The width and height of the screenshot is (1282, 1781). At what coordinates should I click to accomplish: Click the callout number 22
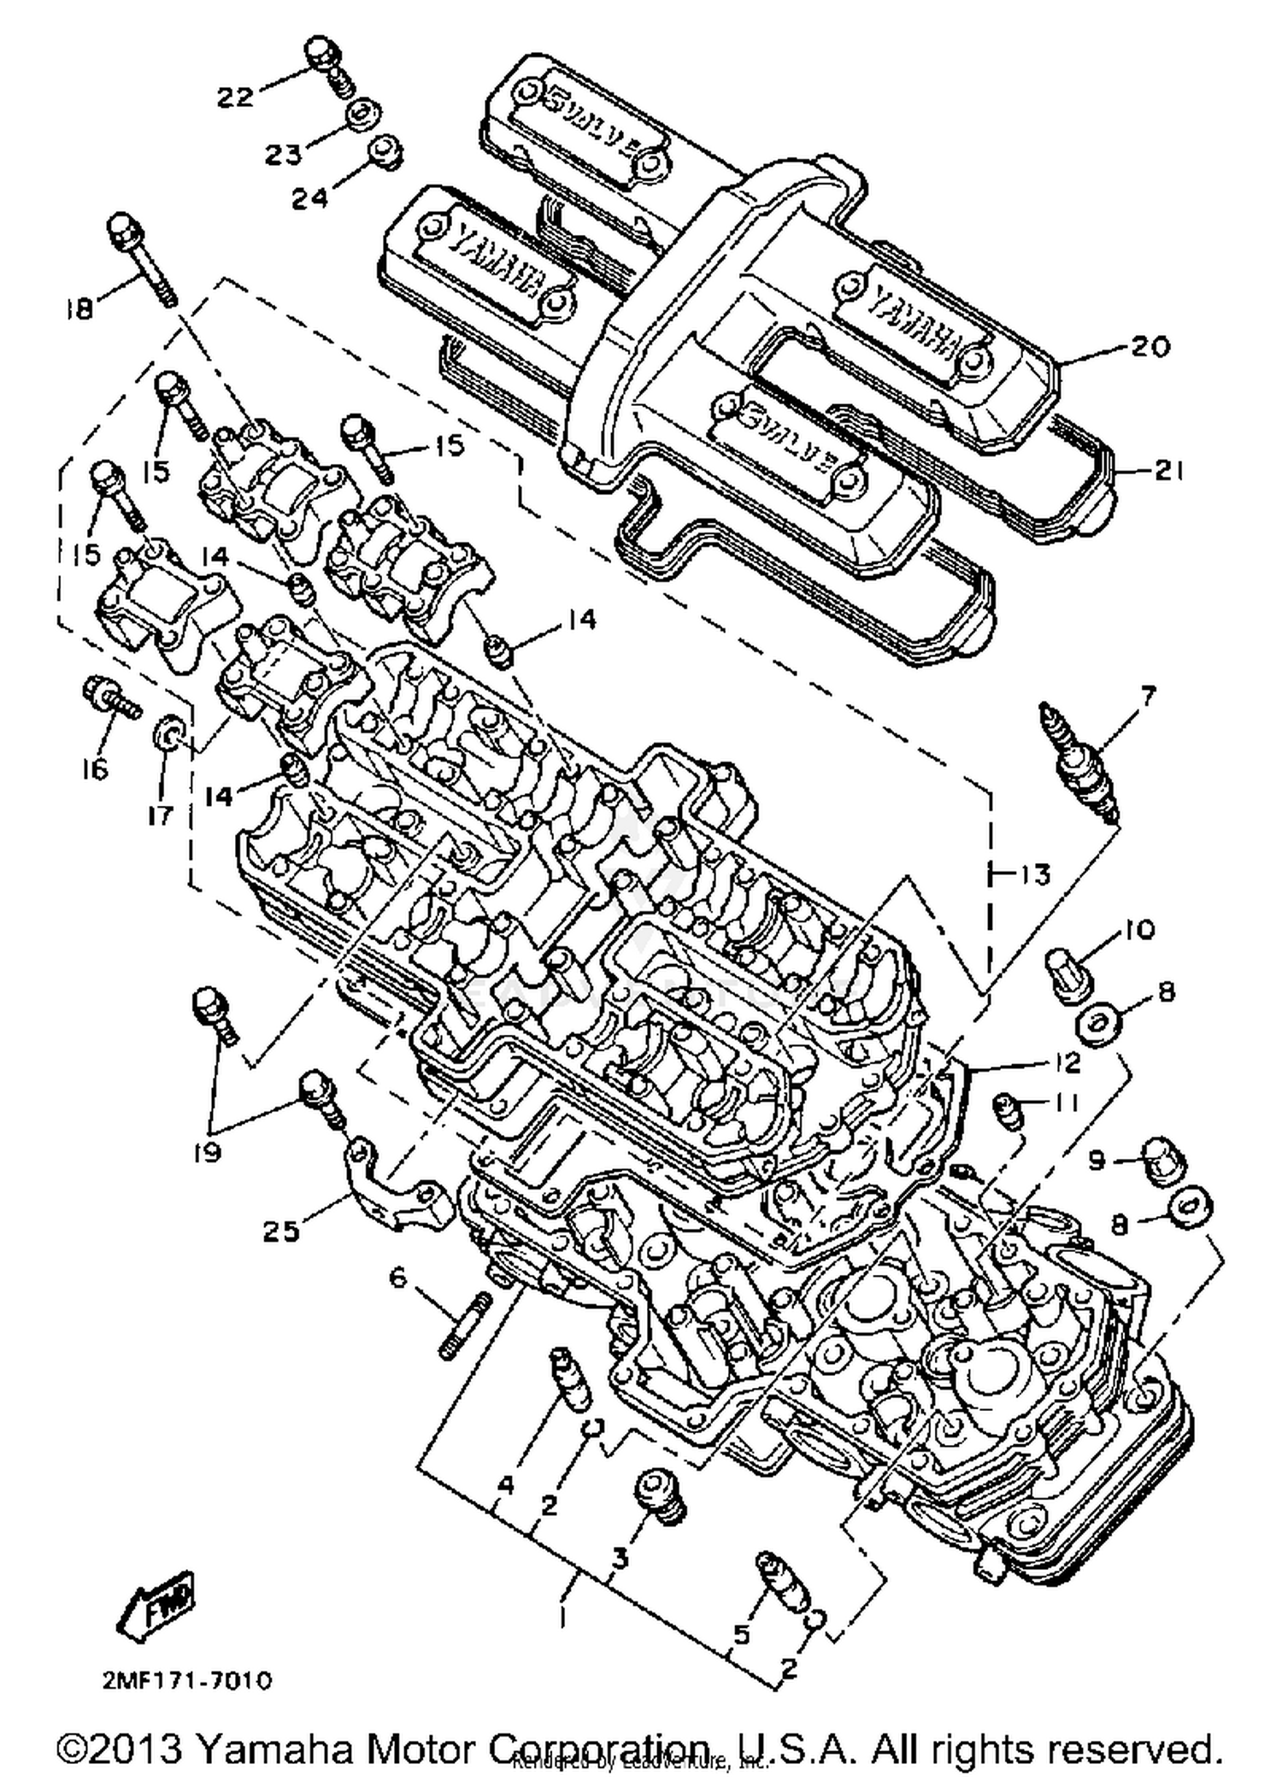[x=234, y=98]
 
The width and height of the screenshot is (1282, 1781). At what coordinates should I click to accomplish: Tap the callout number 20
[x=1150, y=346]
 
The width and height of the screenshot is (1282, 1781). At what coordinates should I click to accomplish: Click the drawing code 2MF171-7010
[x=187, y=1680]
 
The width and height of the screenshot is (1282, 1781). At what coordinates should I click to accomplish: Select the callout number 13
[x=1033, y=874]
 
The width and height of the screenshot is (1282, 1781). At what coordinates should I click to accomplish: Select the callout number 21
[x=1167, y=471]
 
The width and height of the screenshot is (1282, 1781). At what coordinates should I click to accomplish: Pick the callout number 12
[x=1062, y=1062]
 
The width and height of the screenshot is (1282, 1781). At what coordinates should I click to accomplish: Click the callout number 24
[x=309, y=198]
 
